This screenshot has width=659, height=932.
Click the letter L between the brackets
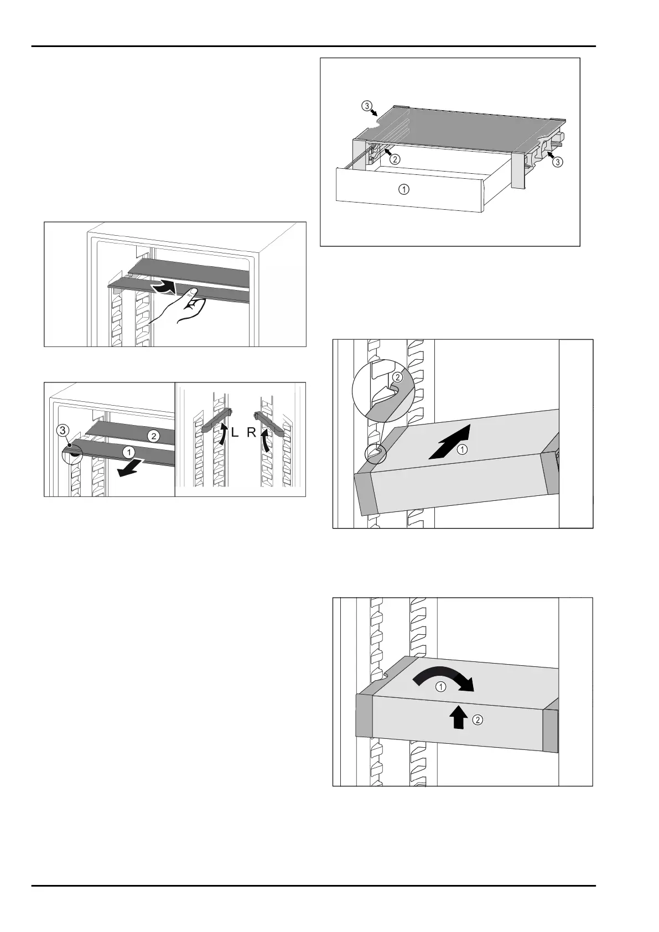coord(235,433)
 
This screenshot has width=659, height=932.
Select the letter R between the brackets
coord(252,433)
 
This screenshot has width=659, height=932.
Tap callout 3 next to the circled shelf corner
coord(65,429)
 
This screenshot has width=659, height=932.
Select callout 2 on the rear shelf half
coord(154,436)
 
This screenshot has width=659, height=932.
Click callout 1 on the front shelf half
coord(129,452)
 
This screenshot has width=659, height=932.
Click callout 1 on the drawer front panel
coord(405,189)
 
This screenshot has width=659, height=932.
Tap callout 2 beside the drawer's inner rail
coord(395,159)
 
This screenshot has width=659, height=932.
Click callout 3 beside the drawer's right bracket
coord(560,162)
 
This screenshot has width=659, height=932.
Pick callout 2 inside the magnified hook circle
coord(397,377)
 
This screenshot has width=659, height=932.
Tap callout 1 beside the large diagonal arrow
coord(463,450)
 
